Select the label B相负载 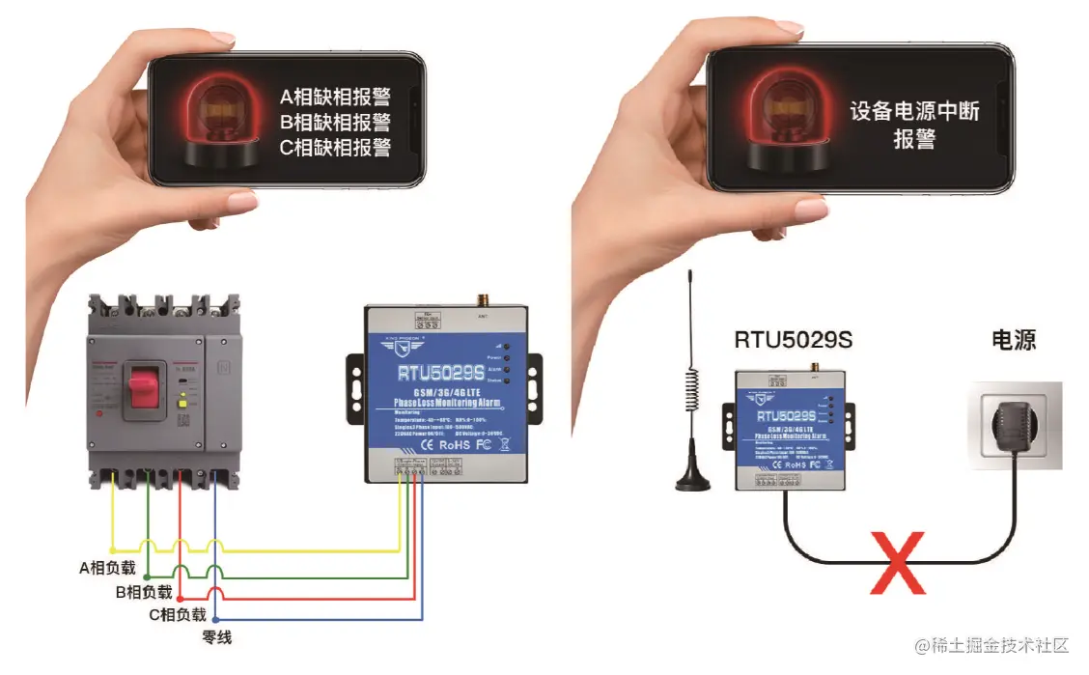[144, 592]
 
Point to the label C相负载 [178, 615]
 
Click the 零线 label [216, 637]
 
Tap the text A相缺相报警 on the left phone [335, 98]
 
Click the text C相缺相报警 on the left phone [335, 148]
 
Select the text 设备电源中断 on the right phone [914, 111]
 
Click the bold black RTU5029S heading [793, 340]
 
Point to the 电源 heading [1014, 340]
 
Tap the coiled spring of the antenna [691, 386]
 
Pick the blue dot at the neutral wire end [215, 620]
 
